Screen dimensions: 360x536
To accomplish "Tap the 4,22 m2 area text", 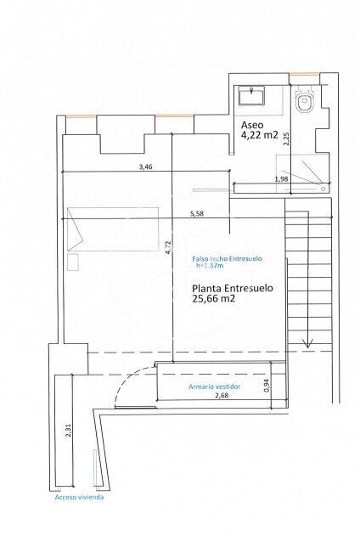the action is point(260,135).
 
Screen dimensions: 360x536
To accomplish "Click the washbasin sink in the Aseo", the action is point(251,96).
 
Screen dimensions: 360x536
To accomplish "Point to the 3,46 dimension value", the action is point(145,167).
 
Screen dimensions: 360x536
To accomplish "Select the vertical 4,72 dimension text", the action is point(168,248).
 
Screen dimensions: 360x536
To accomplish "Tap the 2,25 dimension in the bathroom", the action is point(287,139).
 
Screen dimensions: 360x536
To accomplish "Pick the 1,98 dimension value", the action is point(281,179).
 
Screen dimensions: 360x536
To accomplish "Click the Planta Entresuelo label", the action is point(233,288).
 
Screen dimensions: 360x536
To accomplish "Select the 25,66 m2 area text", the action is point(214,298).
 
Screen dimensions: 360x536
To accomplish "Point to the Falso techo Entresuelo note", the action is point(228,259).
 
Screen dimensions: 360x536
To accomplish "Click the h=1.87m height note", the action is point(210,265).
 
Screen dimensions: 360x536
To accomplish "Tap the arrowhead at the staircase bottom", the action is point(307,343).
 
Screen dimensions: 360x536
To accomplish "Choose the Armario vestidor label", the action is point(215,386).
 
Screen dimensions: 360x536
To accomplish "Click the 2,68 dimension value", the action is point(222,396).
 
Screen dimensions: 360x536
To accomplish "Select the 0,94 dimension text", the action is point(267,386).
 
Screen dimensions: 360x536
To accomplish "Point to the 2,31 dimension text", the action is point(69,431).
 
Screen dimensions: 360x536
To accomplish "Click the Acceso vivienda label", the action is point(79,497).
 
